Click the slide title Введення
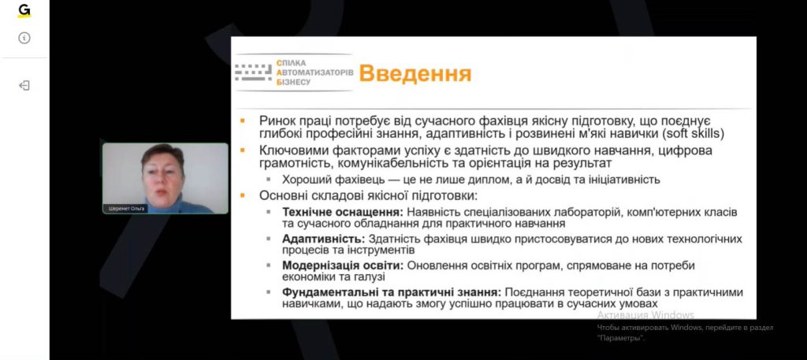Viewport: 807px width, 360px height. click(x=415, y=73)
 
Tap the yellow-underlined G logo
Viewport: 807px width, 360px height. click(x=24, y=11)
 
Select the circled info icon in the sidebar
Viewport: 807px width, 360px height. click(x=24, y=38)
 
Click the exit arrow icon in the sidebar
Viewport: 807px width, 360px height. click(x=24, y=85)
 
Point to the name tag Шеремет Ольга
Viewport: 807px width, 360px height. click(x=126, y=209)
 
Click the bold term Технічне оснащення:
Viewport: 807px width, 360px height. click(x=343, y=212)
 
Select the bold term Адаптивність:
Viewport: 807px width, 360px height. click(x=323, y=239)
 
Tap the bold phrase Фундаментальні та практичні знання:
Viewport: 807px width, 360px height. click(x=391, y=292)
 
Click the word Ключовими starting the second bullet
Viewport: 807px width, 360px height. click(x=288, y=151)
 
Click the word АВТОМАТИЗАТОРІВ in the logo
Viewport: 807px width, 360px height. click(x=315, y=72)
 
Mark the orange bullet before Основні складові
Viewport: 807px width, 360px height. click(x=243, y=196)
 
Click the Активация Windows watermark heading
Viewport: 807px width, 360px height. click(x=645, y=315)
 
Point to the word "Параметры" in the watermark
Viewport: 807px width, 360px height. click(x=621, y=339)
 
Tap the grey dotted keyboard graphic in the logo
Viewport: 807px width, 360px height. click(x=253, y=72)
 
